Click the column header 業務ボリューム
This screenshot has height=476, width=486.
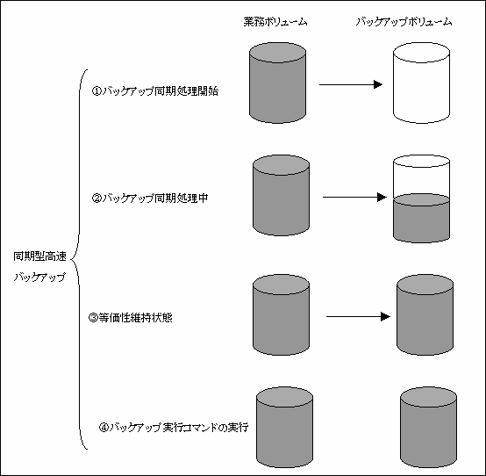(275, 22)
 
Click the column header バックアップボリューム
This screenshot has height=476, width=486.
(404, 22)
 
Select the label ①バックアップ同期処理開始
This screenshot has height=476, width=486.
(155, 91)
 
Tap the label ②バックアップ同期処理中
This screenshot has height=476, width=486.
(150, 198)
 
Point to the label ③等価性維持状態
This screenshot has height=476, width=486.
(131, 318)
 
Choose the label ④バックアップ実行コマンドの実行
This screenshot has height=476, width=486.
(174, 428)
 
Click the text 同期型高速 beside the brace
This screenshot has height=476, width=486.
(40, 256)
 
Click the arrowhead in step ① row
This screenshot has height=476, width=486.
(378, 84)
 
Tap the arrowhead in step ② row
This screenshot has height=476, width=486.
(382, 197)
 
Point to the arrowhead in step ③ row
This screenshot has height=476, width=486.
(385, 316)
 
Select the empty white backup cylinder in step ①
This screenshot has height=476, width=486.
(422, 83)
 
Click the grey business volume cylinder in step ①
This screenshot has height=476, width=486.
(278, 83)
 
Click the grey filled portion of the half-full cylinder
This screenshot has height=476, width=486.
(422, 219)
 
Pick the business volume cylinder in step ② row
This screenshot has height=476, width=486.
(281, 196)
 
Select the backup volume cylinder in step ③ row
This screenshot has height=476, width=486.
(425, 314)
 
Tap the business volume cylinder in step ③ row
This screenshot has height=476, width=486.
(281, 314)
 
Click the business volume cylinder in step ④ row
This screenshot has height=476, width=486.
(285, 428)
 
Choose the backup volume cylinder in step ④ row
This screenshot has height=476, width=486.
(429, 428)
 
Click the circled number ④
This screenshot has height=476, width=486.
(104, 428)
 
